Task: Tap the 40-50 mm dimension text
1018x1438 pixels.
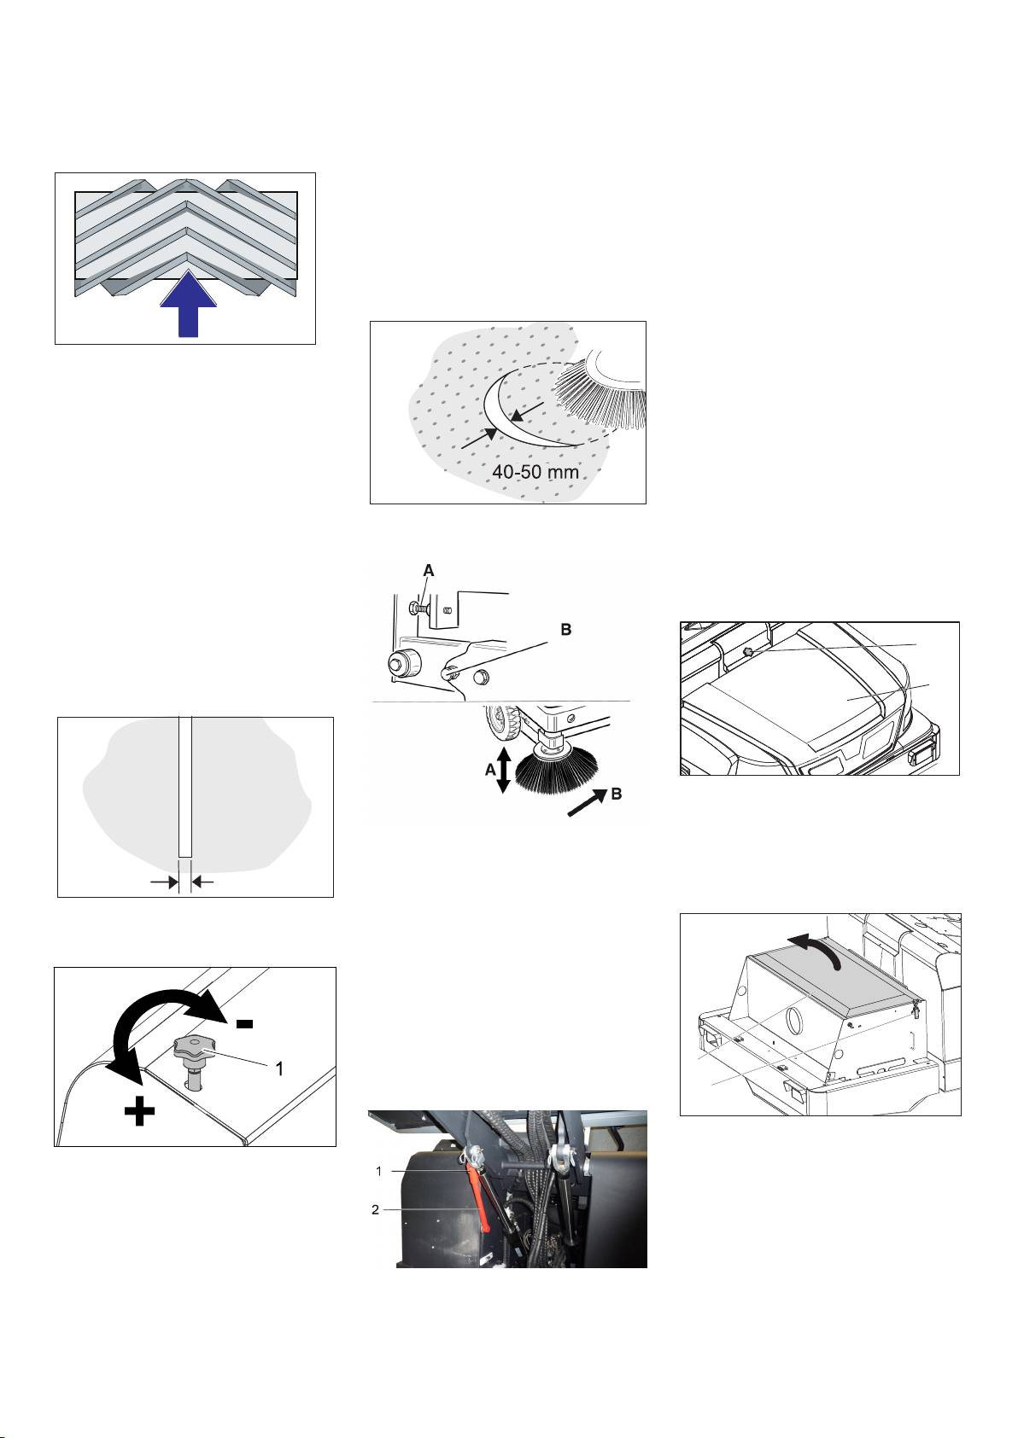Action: [535, 472]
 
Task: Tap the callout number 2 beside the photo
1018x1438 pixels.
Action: [375, 1210]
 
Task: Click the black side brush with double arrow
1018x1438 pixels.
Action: [557, 768]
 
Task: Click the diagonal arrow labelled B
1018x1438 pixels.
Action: [587, 802]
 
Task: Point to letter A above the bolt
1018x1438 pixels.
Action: [429, 570]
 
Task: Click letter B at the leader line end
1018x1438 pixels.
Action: [566, 630]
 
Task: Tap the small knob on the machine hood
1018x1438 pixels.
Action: [747, 652]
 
